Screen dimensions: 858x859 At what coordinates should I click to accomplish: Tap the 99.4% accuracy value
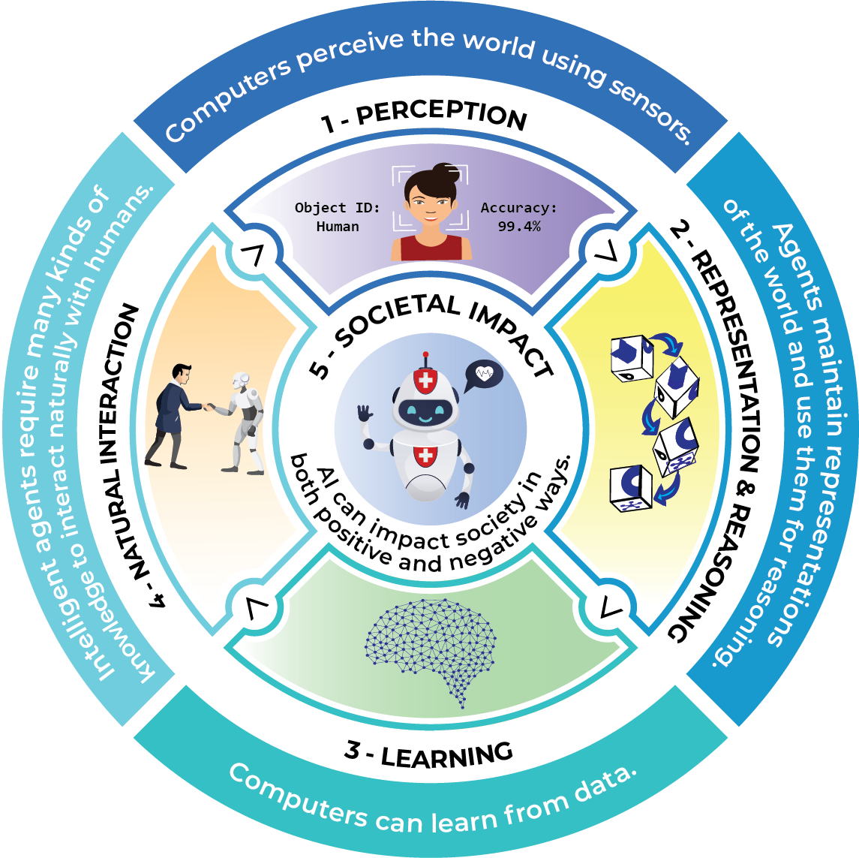519,226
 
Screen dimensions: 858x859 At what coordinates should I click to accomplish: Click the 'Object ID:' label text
337,207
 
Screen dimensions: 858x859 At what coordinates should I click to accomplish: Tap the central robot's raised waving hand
365,414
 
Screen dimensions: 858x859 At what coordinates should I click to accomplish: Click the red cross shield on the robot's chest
425,455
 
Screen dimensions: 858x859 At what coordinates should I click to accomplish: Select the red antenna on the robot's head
426,356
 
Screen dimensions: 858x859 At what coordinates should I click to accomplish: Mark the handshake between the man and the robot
209,408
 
